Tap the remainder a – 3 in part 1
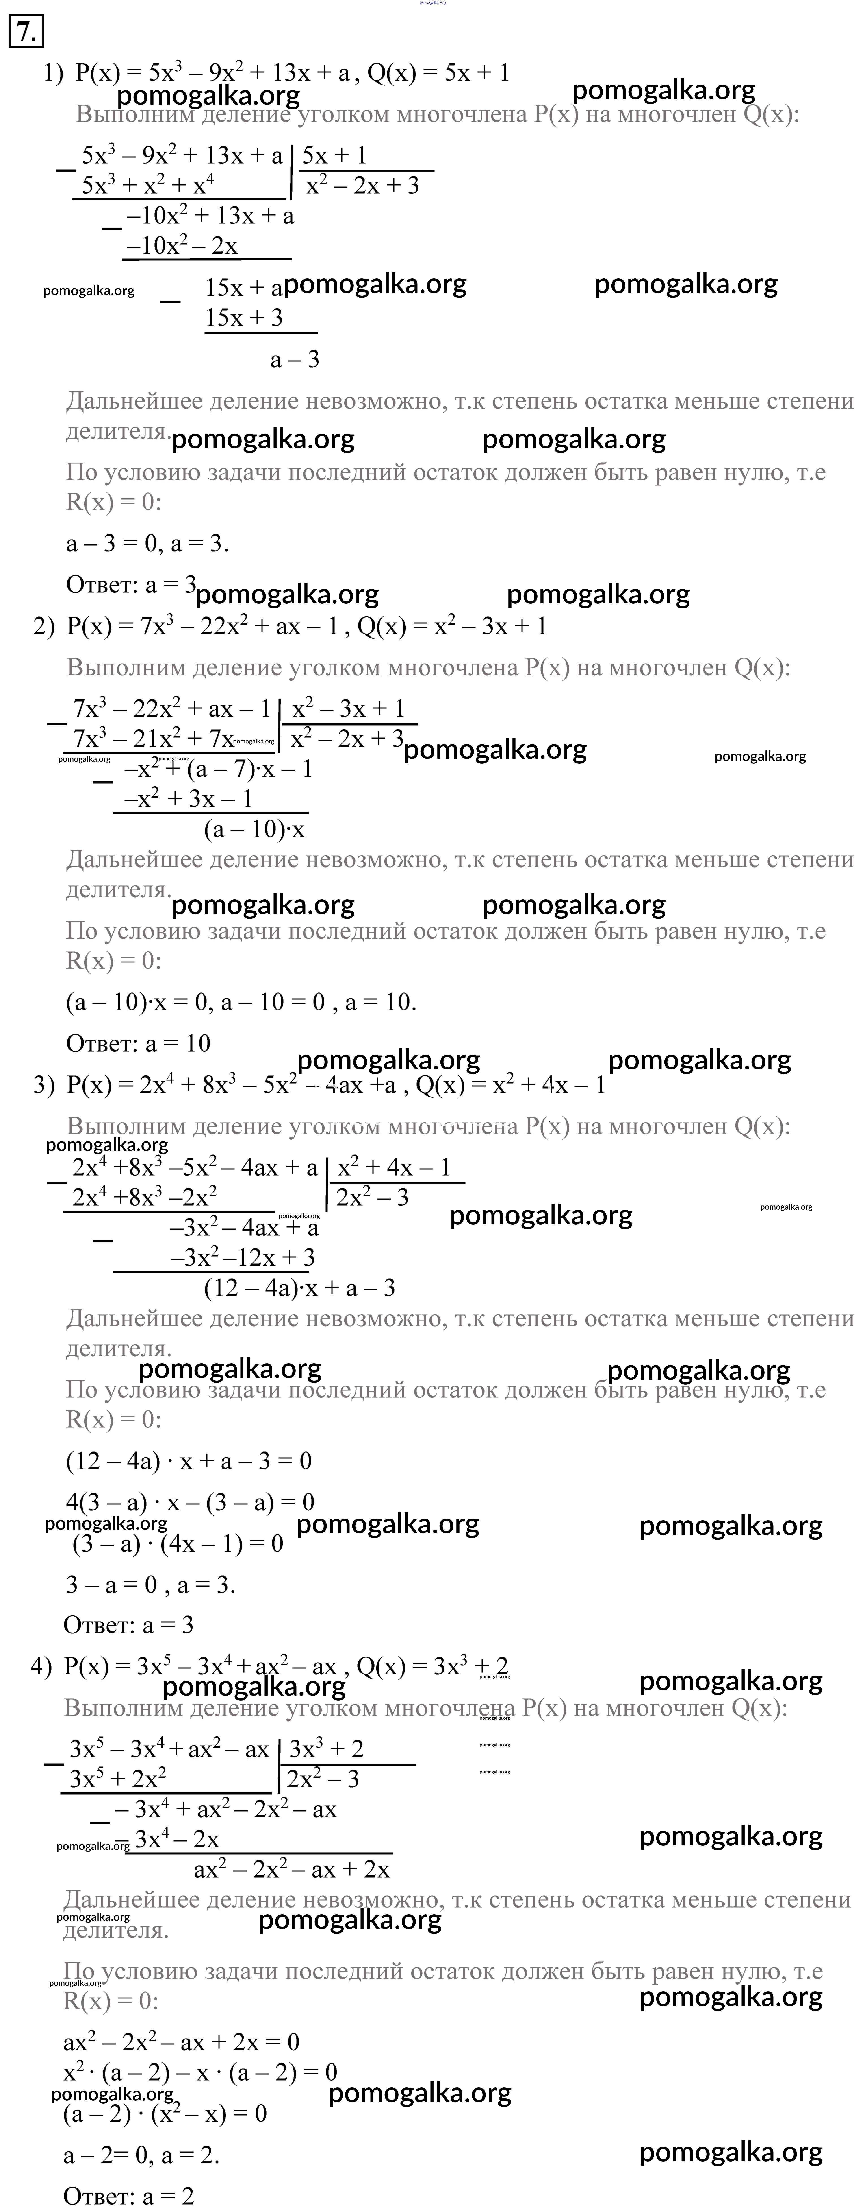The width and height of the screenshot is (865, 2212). click(294, 360)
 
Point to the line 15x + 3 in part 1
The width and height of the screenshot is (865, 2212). click(244, 319)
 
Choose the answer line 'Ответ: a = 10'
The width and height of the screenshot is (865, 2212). click(138, 1043)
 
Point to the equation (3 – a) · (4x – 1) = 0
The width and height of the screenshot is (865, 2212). click(178, 1544)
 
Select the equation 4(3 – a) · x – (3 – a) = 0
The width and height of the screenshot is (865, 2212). click(190, 1502)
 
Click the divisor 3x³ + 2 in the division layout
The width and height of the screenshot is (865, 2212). click(326, 1748)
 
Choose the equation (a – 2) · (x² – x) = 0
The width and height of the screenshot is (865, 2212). click(165, 2113)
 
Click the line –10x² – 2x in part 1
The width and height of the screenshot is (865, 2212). click(182, 247)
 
